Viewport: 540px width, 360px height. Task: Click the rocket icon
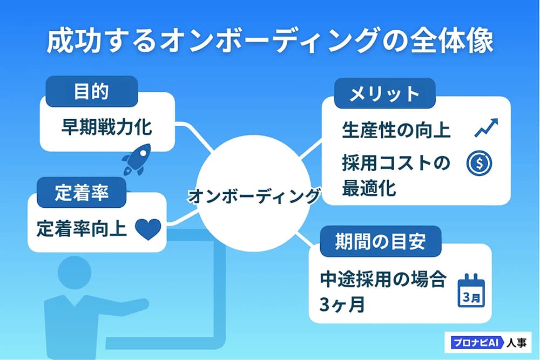[134, 161]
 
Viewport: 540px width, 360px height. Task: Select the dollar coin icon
[479, 164]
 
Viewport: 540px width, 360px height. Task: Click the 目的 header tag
[91, 91]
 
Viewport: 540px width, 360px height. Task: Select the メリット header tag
[384, 94]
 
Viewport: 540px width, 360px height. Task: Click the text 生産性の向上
[396, 130]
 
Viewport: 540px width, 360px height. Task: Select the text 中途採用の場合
[383, 280]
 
